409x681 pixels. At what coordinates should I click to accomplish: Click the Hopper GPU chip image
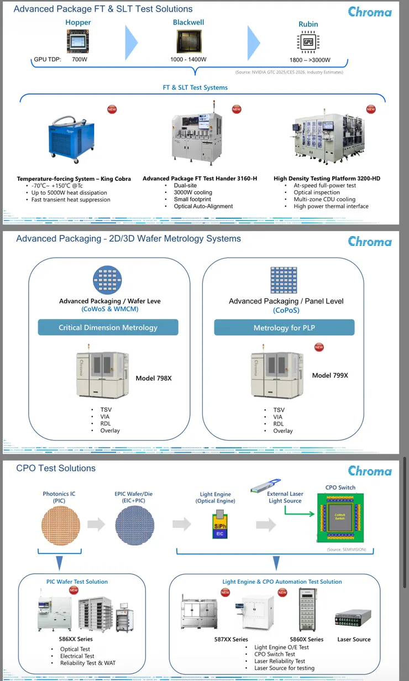point(78,41)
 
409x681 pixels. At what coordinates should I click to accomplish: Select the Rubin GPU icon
point(308,42)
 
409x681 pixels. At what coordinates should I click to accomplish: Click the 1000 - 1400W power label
point(188,59)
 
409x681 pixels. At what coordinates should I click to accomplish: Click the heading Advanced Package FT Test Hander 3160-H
point(200,179)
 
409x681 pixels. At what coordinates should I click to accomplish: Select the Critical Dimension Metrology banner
point(108,327)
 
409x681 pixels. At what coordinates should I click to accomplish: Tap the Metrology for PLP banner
point(284,328)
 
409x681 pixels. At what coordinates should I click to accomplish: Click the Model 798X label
point(154,378)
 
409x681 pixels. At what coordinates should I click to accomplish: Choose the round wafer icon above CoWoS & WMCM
point(107,280)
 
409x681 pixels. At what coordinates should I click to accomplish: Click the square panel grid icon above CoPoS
point(284,280)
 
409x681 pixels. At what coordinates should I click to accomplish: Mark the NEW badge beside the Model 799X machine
point(318,347)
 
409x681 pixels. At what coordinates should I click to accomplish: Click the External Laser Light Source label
point(285,497)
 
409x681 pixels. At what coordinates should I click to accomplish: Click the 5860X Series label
point(307,640)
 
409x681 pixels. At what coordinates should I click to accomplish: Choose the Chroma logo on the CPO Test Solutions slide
point(370,471)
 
